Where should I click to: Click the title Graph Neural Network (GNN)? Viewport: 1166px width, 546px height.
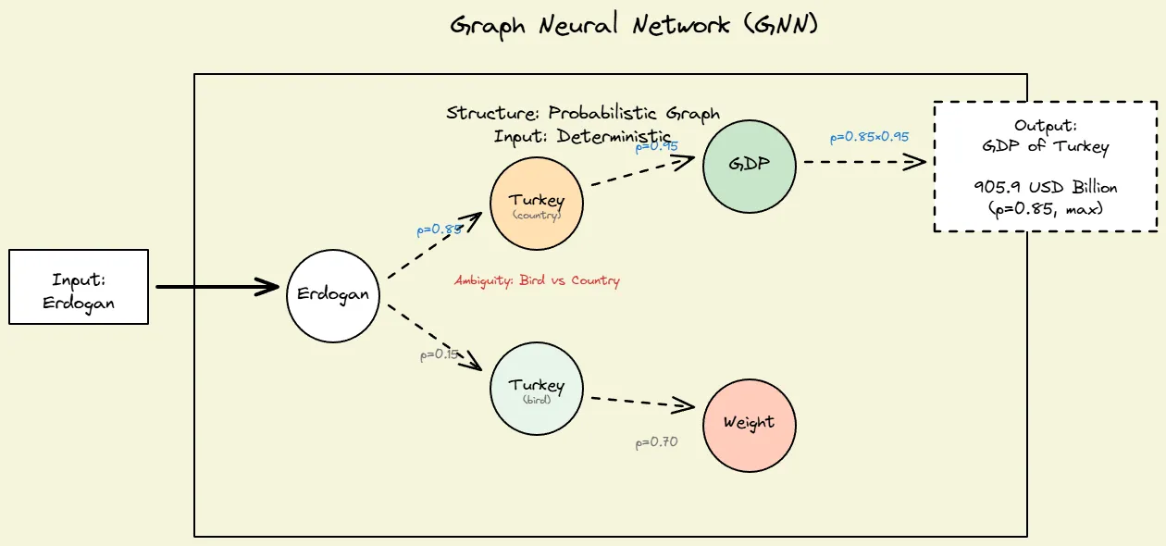click(634, 25)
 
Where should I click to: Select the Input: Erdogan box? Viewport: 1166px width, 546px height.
click(79, 287)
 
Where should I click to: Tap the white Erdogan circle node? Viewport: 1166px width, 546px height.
click(333, 295)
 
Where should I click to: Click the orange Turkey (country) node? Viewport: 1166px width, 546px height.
click(536, 204)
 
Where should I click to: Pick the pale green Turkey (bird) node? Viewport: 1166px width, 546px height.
click(536, 389)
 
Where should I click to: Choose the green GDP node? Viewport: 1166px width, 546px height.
click(749, 165)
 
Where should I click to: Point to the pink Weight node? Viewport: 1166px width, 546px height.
click(749, 424)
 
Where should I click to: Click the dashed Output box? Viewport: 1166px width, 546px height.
click(1045, 167)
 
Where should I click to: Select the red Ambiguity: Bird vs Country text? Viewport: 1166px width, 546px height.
click(537, 280)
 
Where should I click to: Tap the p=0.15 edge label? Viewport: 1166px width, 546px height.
click(440, 354)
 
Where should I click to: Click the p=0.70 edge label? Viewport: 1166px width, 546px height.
click(656, 442)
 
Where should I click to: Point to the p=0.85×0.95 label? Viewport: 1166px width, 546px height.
click(869, 137)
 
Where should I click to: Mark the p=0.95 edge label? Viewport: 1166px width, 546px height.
click(657, 146)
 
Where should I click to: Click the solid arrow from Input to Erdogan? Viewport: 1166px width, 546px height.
click(217, 287)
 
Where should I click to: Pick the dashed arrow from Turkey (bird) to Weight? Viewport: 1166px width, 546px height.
click(642, 402)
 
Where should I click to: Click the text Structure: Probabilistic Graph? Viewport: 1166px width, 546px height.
click(583, 114)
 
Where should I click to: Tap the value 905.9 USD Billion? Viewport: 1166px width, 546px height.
click(1045, 187)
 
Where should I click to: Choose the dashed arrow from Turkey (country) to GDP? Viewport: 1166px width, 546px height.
click(642, 172)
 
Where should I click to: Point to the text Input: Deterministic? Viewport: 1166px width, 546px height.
click(583, 135)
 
